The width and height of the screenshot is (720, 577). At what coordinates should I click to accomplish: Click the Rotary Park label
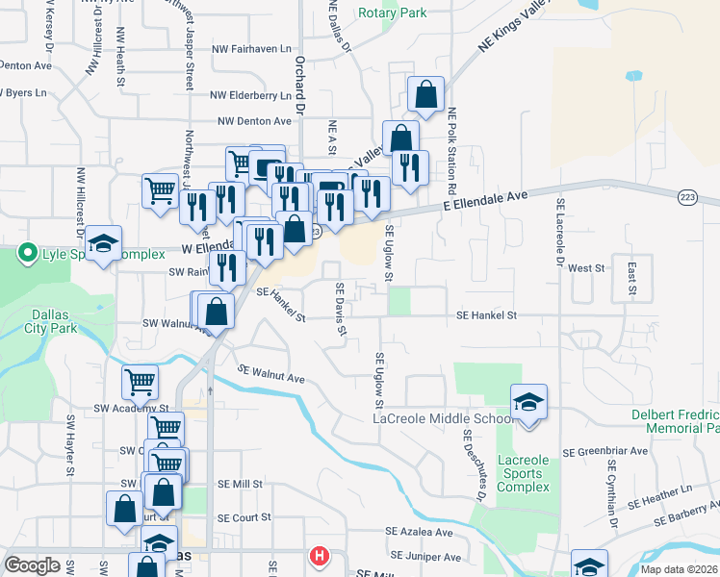(392, 13)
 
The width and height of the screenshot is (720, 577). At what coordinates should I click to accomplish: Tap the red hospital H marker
(319, 556)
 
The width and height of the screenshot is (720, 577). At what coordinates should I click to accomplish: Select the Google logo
(33, 564)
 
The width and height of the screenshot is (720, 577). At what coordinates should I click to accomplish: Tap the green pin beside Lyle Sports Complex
(26, 255)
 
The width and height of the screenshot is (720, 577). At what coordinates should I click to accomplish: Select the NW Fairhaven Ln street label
(250, 48)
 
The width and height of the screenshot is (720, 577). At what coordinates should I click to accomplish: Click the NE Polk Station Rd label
(450, 144)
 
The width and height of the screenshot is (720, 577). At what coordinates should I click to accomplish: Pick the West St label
(585, 268)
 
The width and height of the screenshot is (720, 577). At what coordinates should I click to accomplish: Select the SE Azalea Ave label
(419, 532)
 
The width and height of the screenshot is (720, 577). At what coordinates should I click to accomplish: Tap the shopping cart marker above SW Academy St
(141, 382)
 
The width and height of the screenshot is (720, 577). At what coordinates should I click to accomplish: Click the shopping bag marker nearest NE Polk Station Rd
(424, 94)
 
